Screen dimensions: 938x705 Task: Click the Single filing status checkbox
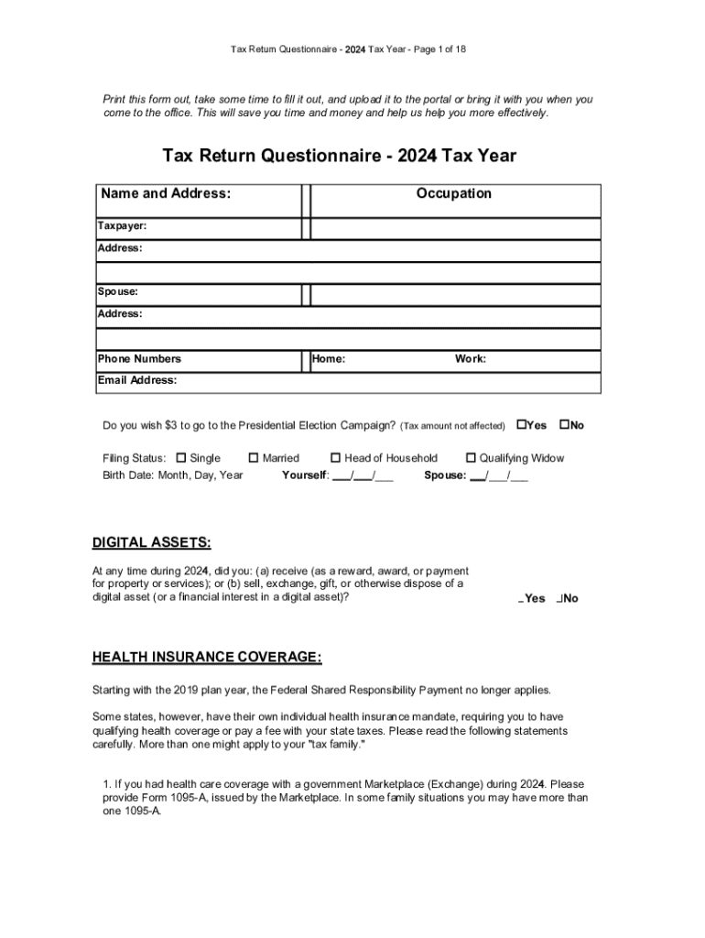coord(181,458)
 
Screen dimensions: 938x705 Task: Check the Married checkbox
coord(254,458)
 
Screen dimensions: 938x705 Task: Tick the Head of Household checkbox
coord(336,458)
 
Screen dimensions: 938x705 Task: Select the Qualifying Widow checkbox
coord(472,458)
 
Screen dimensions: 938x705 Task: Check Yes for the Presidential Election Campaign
coord(522,425)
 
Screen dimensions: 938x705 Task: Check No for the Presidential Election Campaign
coord(564,425)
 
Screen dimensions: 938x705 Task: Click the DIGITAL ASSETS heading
coord(151,543)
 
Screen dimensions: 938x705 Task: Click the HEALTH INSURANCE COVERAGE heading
coord(207,658)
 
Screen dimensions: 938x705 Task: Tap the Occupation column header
coord(454,193)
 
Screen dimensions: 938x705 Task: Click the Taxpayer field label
coord(123,225)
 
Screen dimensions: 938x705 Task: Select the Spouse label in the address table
coord(118,291)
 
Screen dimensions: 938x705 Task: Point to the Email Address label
coord(137,380)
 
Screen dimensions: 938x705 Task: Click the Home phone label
coord(329,359)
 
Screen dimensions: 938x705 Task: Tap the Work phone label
coord(471,359)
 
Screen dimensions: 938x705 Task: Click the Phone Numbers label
coord(140,359)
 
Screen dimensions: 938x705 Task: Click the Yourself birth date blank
coord(363,476)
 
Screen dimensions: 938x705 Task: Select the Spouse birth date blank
coord(499,476)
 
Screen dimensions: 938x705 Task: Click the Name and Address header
coord(166,193)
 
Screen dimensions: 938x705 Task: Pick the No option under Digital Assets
coord(568,599)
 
